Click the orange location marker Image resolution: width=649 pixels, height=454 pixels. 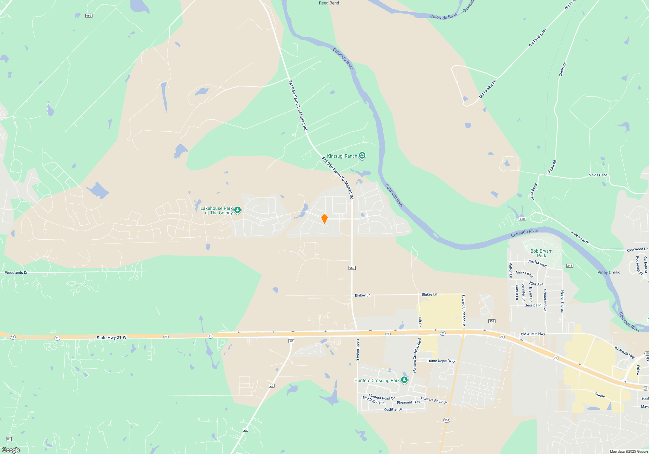coord(324,219)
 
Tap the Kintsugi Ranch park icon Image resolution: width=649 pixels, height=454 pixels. coord(362,156)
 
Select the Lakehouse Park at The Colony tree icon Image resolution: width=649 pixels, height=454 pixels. coord(238,210)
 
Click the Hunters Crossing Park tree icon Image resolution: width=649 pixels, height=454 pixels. coord(404,380)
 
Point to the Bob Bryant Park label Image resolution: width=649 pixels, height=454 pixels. coord(541,253)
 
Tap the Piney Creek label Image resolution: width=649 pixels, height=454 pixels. coord(608,272)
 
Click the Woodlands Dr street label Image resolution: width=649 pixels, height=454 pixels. coord(16,273)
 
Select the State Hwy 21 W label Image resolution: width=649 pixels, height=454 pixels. coord(111,338)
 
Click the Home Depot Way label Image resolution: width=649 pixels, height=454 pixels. coord(441,361)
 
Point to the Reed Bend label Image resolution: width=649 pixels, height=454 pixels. coord(329,3)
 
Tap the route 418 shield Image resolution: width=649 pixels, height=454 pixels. coord(522,219)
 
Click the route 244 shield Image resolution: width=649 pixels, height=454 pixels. coord(569,266)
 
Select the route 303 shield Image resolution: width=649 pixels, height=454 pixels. coord(492,321)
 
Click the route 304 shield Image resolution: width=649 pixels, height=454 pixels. coord(447,420)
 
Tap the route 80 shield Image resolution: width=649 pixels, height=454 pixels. coord(9,439)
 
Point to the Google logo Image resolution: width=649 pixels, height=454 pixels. coord(11,450)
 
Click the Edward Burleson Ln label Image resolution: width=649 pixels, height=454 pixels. coord(464,310)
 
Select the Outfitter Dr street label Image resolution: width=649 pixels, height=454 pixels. coord(393,410)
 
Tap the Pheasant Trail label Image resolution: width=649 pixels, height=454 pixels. coord(408,402)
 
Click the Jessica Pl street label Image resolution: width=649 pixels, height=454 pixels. coord(533,305)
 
